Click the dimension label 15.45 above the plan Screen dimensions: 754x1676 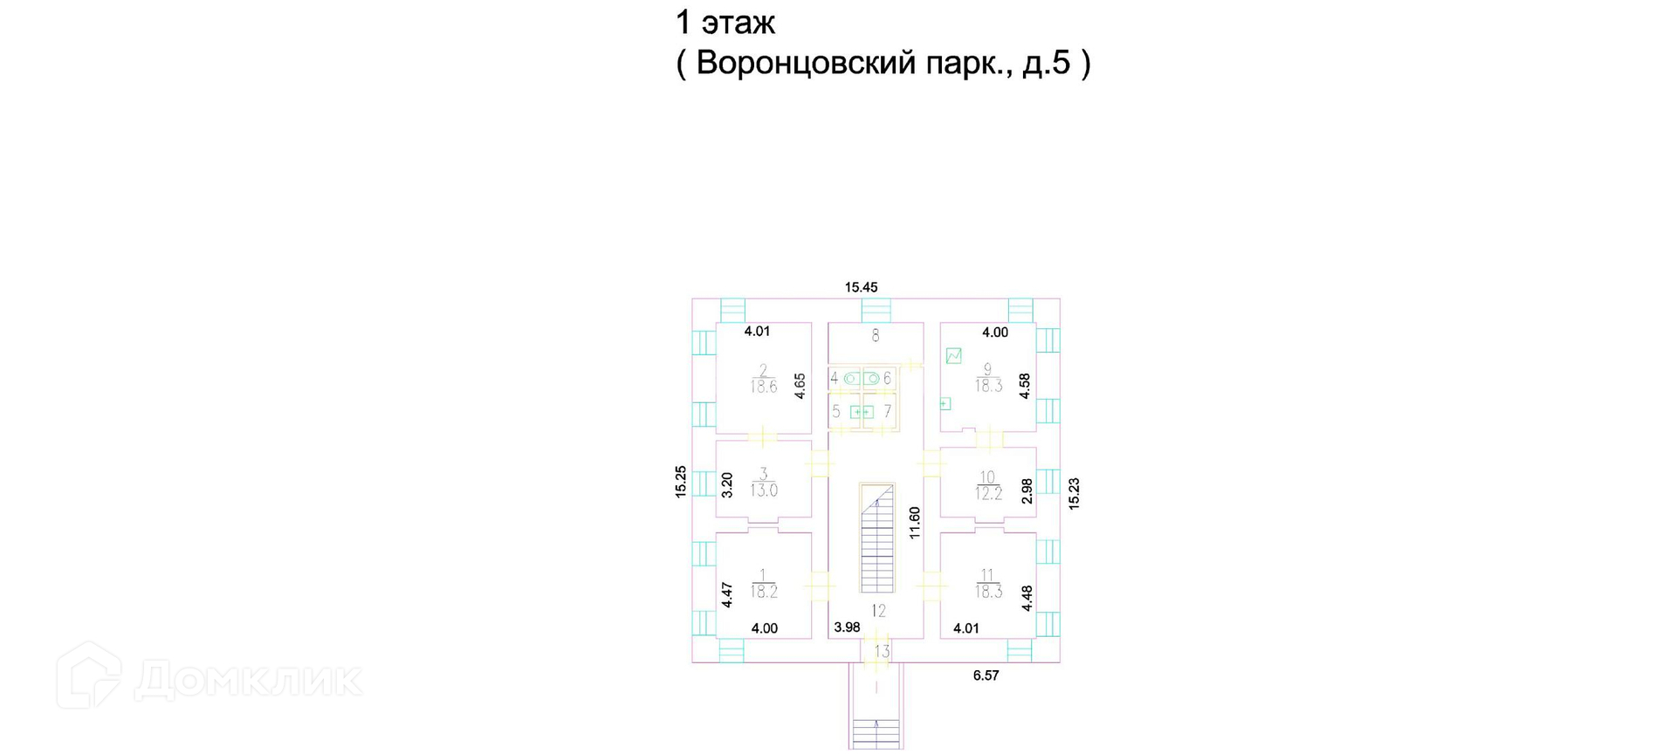(861, 287)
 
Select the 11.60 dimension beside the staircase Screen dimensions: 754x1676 (915, 523)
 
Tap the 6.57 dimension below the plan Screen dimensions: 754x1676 (986, 675)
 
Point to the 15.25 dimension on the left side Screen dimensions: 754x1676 (681, 482)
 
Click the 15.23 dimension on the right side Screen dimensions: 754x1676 (1074, 493)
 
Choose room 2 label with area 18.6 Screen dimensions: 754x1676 (763, 380)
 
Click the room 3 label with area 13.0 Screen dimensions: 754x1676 (763, 483)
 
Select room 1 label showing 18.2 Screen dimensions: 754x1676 (763, 584)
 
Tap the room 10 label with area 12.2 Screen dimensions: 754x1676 (987, 486)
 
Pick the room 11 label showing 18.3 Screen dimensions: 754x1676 (987, 584)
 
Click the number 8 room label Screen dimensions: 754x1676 (876, 335)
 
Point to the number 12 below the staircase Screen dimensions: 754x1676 (878, 611)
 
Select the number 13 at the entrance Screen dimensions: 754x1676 (882, 651)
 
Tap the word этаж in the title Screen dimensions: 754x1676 (738, 23)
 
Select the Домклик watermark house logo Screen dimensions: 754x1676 (89, 675)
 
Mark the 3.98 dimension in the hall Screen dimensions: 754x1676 (847, 627)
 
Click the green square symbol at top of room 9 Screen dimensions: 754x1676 (953, 355)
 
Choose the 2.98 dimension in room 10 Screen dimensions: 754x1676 (1027, 490)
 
